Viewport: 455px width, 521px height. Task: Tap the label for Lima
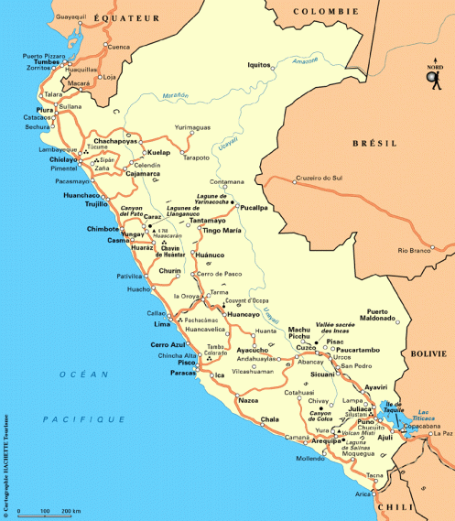click(x=162, y=324)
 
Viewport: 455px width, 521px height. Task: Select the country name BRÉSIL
click(x=377, y=144)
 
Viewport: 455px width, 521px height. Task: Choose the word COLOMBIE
click(x=326, y=11)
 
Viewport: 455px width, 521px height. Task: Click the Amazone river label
click(x=306, y=61)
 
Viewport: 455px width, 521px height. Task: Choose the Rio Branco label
click(x=414, y=250)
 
